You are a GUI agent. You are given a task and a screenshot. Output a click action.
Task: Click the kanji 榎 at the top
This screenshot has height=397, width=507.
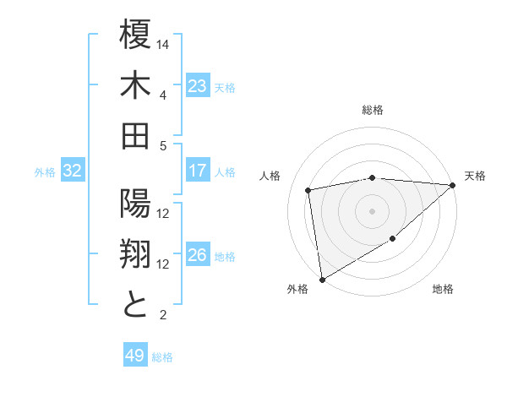(x=135, y=38)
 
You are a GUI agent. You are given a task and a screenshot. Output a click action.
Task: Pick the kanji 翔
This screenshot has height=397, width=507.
(x=135, y=256)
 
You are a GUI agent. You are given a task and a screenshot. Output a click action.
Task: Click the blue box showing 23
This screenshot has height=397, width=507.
(x=198, y=86)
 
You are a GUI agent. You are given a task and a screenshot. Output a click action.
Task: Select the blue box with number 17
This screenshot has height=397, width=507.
(x=198, y=171)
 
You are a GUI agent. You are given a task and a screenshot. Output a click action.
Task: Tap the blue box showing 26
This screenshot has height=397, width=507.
(x=198, y=256)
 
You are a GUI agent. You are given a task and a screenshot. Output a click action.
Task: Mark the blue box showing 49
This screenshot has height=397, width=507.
(x=135, y=356)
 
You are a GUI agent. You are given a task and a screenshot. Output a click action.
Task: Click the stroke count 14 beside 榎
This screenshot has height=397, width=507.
(x=164, y=42)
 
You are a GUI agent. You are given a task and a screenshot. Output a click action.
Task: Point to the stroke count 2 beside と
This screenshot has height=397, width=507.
(x=163, y=316)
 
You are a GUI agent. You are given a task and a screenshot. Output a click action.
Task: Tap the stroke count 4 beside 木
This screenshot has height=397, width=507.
(x=163, y=95)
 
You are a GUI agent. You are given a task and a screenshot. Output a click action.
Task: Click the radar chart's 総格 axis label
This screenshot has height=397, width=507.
(x=372, y=110)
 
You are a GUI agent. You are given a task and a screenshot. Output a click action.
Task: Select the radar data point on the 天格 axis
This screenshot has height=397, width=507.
(x=453, y=186)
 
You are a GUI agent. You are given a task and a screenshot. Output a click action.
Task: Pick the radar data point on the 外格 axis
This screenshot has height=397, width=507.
(x=321, y=279)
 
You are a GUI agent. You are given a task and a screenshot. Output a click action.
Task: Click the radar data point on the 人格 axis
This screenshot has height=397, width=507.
(x=308, y=190)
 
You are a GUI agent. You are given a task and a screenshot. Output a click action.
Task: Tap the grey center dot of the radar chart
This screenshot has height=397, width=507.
(x=372, y=210)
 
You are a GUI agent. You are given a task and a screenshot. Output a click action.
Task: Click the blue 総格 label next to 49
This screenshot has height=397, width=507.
(x=162, y=357)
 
